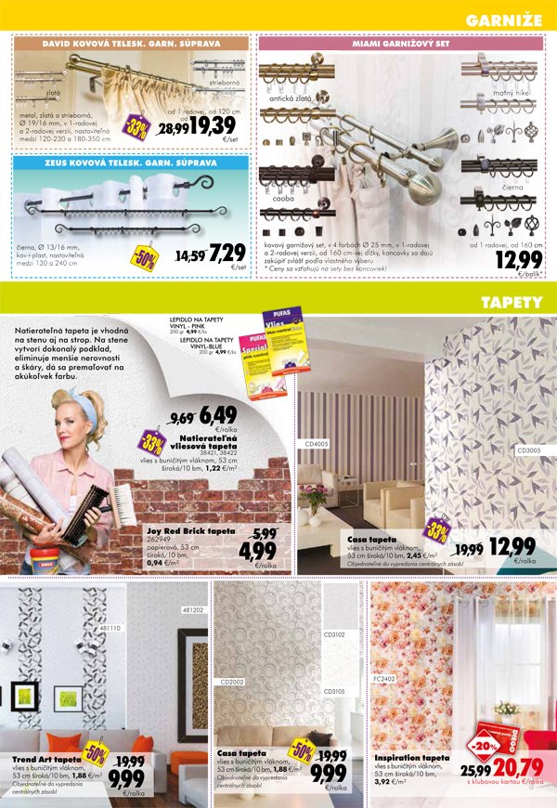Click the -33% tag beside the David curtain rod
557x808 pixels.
[x=138, y=128]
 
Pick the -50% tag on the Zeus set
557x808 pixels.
[x=145, y=254]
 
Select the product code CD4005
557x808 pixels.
[x=317, y=444]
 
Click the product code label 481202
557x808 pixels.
[x=193, y=610]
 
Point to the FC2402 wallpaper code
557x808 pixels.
[x=384, y=679]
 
